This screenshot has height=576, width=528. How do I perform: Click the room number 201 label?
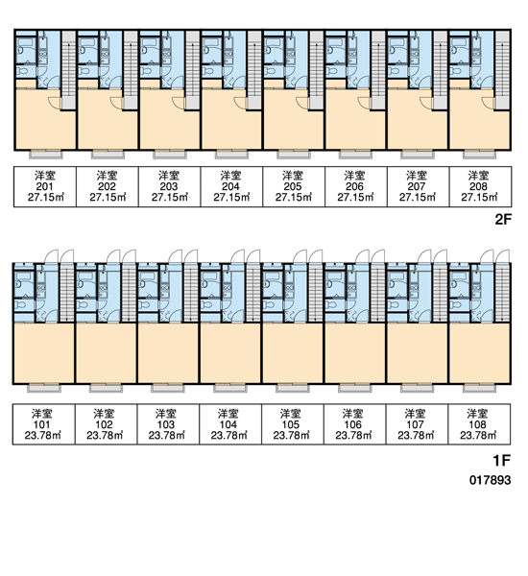45,186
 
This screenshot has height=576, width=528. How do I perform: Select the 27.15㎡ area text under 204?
231,197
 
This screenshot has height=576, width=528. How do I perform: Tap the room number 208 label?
478,186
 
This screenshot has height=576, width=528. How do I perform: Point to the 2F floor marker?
503,220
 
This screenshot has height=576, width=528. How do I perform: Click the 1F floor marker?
502,460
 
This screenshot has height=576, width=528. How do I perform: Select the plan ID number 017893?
491,480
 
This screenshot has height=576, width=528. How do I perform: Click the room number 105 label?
291,424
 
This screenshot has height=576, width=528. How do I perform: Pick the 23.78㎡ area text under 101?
42,435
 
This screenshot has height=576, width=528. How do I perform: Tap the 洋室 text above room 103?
166,414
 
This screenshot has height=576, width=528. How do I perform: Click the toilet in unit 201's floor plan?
22,70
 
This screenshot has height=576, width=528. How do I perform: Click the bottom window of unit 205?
293,155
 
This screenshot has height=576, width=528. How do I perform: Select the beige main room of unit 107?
417,353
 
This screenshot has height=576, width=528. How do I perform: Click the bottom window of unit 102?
106,388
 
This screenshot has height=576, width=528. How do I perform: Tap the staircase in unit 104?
252,292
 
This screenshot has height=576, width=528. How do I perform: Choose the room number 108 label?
478,424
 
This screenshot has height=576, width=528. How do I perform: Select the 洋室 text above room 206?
354,176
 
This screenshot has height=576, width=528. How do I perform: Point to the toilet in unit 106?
331,304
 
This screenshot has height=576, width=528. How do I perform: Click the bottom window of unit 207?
417,155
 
